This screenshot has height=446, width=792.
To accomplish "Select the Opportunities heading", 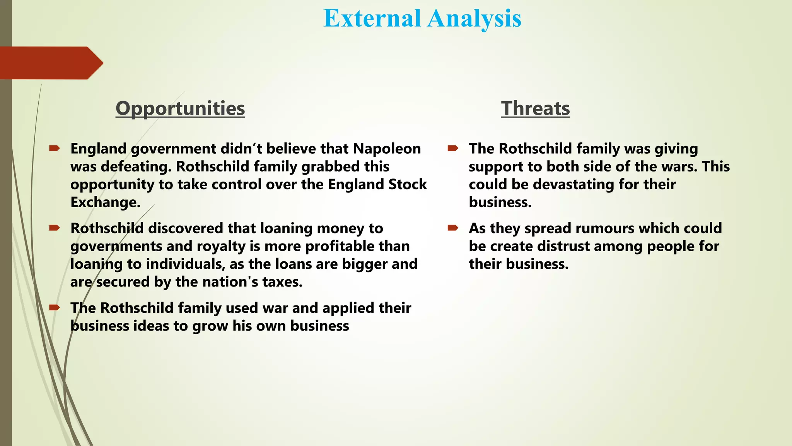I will tap(180, 108).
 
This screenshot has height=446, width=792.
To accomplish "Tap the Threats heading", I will tap(535, 108).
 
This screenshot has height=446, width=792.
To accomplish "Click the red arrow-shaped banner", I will tap(50, 63).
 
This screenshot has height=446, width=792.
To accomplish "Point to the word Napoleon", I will tap(387, 149).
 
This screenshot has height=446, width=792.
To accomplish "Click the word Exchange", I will tap(105, 202).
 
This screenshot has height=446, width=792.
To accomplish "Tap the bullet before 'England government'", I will tap(54, 148).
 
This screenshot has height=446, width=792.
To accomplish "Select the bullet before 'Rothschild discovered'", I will tap(54, 228).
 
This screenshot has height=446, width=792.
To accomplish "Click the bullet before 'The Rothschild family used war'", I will tap(54, 307).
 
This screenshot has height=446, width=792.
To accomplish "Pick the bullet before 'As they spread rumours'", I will tap(453, 228).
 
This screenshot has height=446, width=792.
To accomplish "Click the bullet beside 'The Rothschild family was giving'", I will tap(453, 148).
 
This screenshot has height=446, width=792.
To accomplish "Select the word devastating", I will tap(574, 184).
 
